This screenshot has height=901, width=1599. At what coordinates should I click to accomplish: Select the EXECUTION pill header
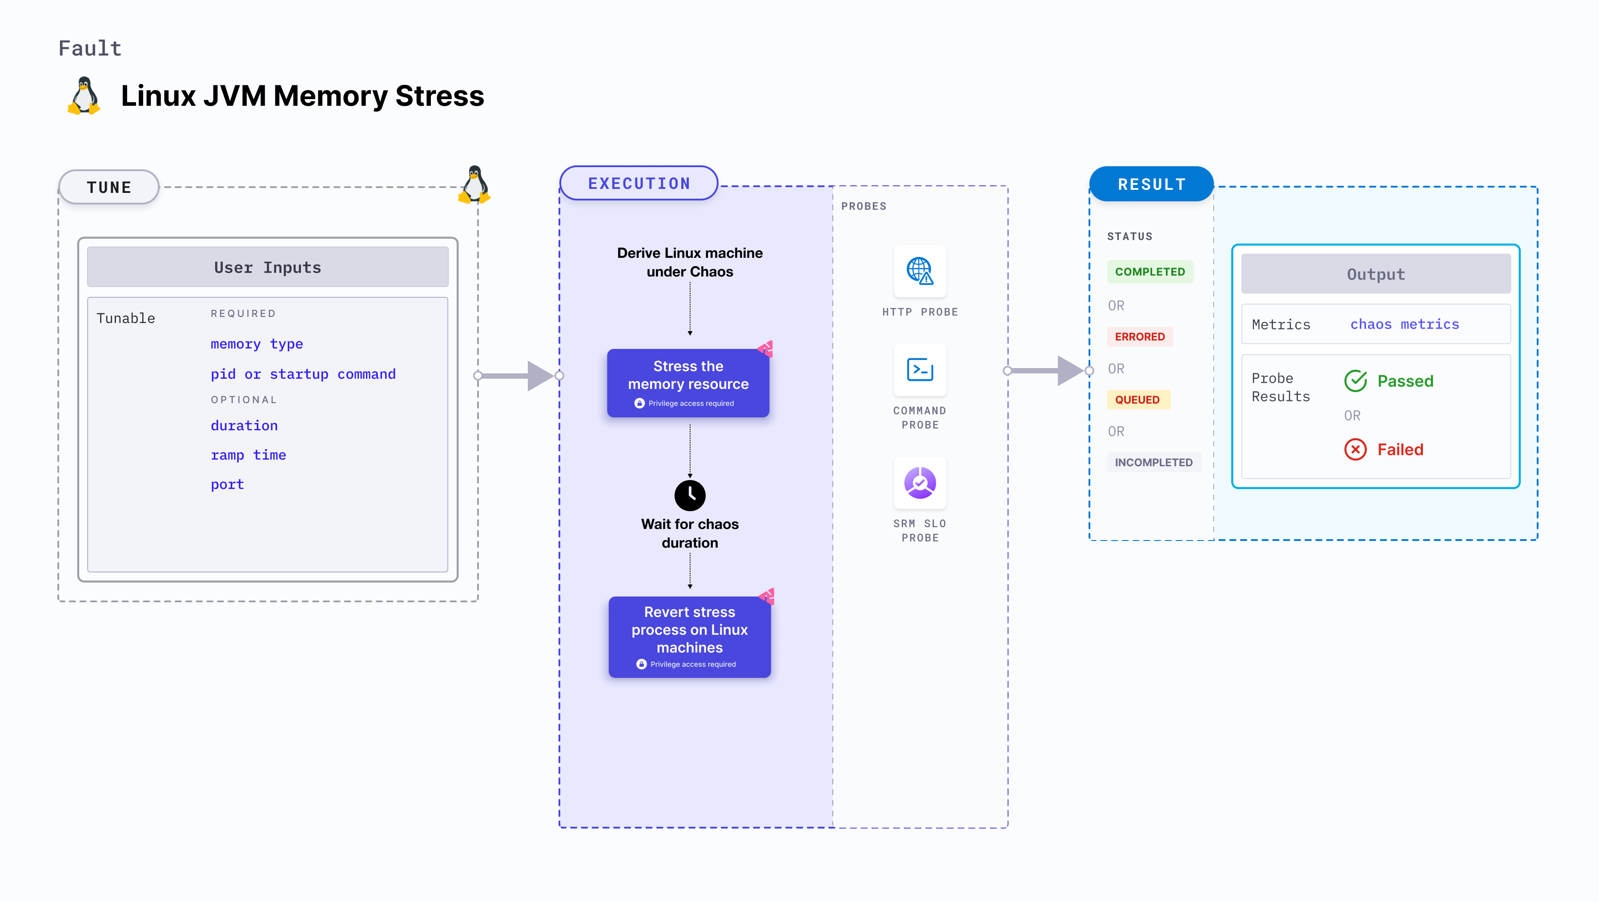[639, 184]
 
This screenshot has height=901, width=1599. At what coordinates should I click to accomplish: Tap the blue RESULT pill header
[1152, 184]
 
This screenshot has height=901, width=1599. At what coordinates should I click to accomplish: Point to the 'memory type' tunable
[257, 344]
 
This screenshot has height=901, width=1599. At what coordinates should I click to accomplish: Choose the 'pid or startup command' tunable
[303, 374]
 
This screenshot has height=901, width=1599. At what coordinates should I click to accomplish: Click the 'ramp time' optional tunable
[248, 455]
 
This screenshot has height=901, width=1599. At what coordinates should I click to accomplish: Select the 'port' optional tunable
[227, 485]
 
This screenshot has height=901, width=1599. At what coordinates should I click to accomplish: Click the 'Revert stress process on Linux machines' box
[689, 637]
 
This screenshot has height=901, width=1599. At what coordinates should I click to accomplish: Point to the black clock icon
[690, 495]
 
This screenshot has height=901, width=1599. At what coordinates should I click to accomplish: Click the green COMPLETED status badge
[1149, 272]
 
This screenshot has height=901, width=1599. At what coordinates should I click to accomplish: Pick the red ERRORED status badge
[1140, 336]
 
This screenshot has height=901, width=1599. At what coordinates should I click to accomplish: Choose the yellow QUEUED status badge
[1137, 400]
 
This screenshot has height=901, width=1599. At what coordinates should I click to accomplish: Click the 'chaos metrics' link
[1404, 324]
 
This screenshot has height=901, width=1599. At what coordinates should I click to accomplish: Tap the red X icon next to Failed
[1355, 449]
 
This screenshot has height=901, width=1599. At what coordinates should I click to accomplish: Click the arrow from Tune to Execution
[518, 376]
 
